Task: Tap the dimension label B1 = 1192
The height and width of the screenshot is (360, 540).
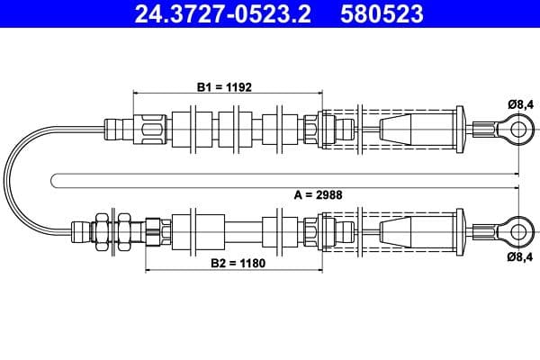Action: (x=224, y=87)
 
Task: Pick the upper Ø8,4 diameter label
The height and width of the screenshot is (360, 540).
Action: (x=521, y=104)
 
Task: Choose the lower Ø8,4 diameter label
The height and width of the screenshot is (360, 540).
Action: (x=521, y=256)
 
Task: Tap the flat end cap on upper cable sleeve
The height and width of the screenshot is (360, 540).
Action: (x=460, y=130)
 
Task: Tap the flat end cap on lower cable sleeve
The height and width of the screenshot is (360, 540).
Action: (x=460, y=229)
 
